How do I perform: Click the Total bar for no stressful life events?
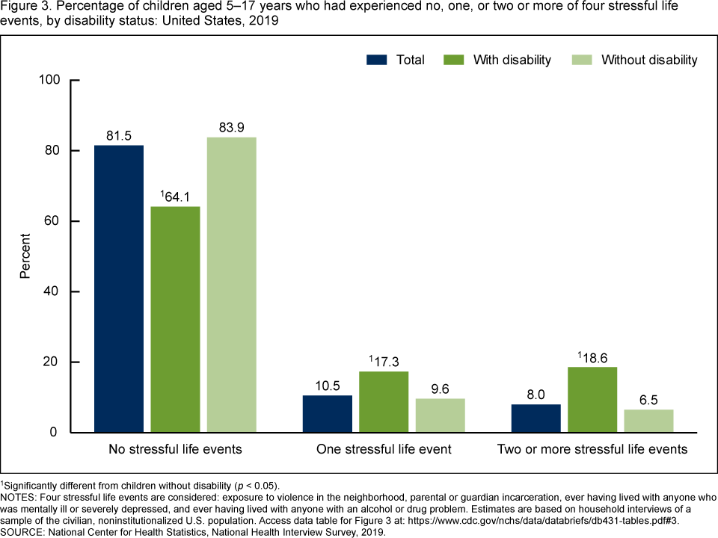[x=118, y=288]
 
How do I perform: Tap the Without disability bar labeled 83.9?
[x=232, y=285]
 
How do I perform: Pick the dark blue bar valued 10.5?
[x=327, y=414]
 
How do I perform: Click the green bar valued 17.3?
[x=384, y=402]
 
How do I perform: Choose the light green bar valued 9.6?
[x=440, y=415]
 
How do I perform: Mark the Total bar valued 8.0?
[x=536, y=418]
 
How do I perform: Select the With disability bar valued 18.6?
[x=592, y=400]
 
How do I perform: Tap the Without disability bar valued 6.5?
[x=648, y=421]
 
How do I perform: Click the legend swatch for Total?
[x=377, y=60]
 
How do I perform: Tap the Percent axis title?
[x=25, y=256]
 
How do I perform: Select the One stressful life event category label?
[x=384, y=449]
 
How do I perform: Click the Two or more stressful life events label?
[x=592, y=449]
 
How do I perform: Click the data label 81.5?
[x=118, y=136]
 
